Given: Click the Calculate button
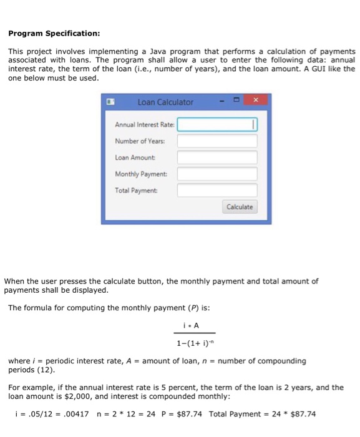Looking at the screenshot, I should [x=240, y=207].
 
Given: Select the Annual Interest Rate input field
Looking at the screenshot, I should [x=217, y=125].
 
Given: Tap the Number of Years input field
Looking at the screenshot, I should [x=217, y=141].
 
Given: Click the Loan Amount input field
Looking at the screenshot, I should [x=217, y=157].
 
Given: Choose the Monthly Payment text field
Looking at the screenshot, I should [x=217, y=174].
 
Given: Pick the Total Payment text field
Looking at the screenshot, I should [x=217, y=190].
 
